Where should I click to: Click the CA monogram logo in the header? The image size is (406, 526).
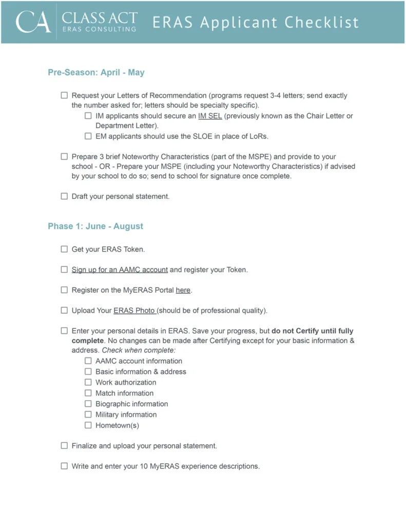point(33,22)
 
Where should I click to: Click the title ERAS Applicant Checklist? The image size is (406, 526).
point(255,23)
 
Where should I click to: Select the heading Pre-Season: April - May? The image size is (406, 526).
point(96,72)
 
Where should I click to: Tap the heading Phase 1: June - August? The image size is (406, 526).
point(95,226)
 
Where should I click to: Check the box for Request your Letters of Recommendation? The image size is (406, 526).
point(64,96)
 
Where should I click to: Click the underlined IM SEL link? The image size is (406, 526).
point(210,116)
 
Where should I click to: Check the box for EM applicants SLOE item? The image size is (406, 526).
point(88,136)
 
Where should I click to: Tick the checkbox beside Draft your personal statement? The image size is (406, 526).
point(64,196)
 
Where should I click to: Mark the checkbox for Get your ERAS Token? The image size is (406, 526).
point(64,249)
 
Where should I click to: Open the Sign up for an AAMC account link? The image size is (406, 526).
point(120,270)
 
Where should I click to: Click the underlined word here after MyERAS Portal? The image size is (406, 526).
point(183,290)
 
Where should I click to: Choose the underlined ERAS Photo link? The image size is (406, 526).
point(134,311)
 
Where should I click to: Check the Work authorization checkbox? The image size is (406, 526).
point(88,382)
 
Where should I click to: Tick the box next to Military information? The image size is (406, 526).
point(88,415)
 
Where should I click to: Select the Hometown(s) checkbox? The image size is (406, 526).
point(88,425)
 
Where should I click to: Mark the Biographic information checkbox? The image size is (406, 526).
point(88,404)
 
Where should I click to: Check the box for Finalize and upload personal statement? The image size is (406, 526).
point(64,446)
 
